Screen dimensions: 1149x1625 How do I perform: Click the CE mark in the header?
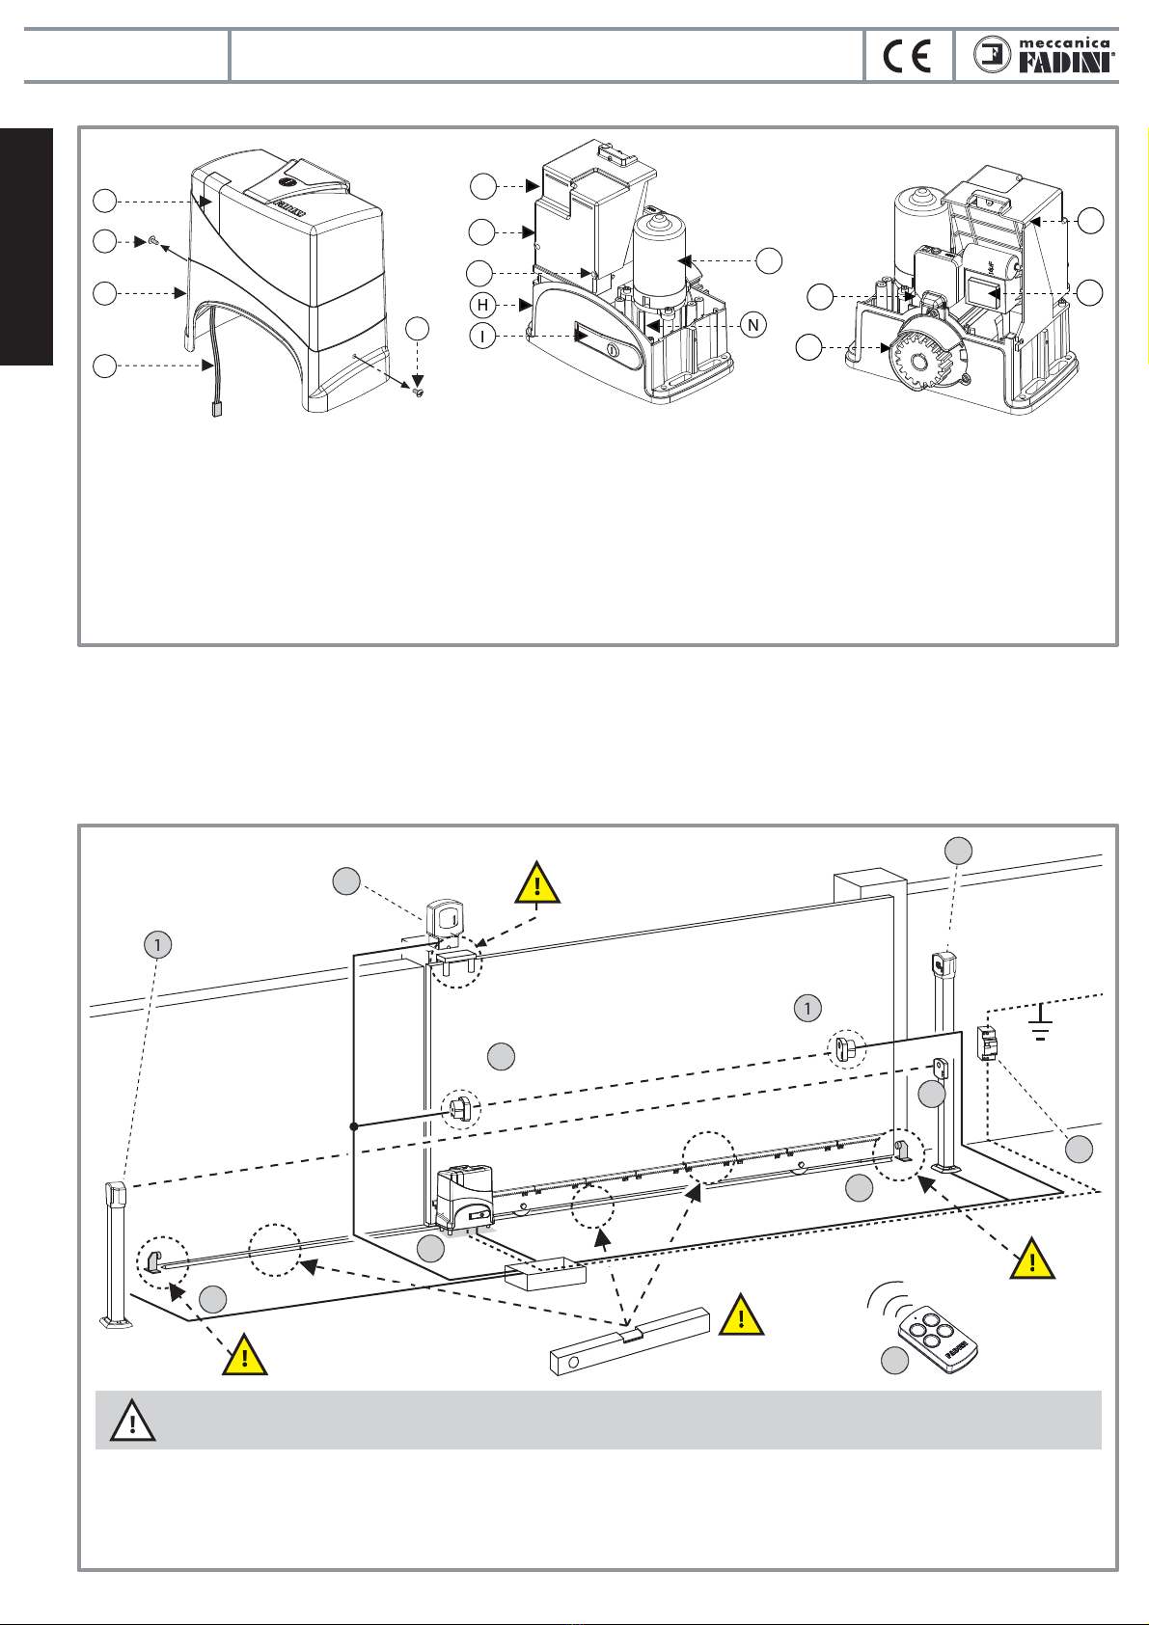tap(907, 57)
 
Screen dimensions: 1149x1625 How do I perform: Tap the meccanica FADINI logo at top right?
tap(1044, 55)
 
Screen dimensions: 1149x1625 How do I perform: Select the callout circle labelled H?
tap(482, 306)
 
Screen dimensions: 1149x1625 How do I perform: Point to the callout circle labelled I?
tap(482, 337)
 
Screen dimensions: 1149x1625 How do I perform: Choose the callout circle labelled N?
tap(753, 325)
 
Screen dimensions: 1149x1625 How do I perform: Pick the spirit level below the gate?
tap(630, 1341)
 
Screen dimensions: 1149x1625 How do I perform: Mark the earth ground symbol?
tap(1041, 1022)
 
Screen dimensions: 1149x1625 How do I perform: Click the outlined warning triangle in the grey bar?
tap(133, 1422)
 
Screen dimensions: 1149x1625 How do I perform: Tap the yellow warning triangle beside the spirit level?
tap(741, 1314)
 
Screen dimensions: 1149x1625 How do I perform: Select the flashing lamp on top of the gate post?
tap(444, 917)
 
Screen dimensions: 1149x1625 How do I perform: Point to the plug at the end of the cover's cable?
tap(216, 410)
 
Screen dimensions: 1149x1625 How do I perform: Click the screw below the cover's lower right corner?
tap(418, 393)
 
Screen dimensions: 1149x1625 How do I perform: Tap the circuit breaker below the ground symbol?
tap(987, 1043)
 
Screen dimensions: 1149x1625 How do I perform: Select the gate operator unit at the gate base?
tap(465, 1199)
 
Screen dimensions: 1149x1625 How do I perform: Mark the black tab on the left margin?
tap(26, 247)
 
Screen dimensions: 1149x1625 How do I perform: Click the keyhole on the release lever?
tap(612, 350)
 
